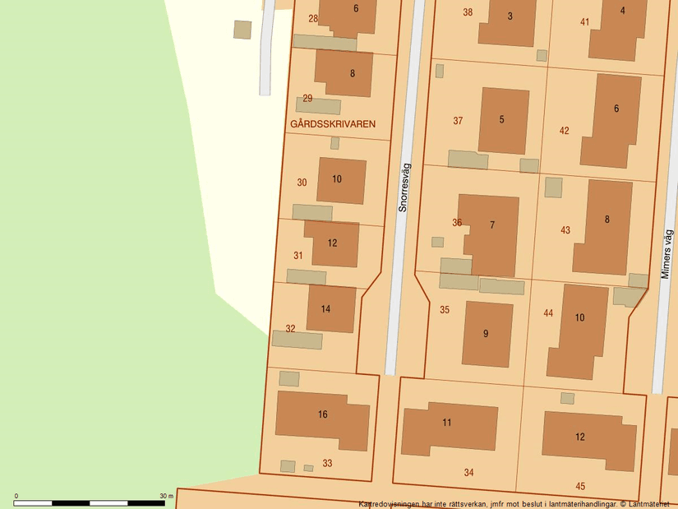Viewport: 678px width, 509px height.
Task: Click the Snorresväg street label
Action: click(x=403, y=187)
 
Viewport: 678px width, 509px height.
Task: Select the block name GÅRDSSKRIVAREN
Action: click(x=333, y=124)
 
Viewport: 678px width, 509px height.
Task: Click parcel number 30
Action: click(x=302, y=183)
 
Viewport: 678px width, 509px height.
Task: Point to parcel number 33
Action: click(x=327, y=464)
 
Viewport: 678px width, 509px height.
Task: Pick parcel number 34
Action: click(x=468, y=473)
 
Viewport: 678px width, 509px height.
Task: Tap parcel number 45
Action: click(x=580, y=486)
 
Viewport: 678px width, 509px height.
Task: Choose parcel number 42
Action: click(x=564, y=131)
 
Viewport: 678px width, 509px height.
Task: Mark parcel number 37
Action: click(x=458, y=121)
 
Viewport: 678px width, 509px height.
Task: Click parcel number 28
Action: click(x=313, y=18)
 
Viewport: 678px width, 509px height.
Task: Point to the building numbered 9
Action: click(x=487, y=334)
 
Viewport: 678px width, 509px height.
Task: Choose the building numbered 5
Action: click(x=502, y=120)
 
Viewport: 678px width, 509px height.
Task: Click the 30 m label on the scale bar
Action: click(x=166, y=496)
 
